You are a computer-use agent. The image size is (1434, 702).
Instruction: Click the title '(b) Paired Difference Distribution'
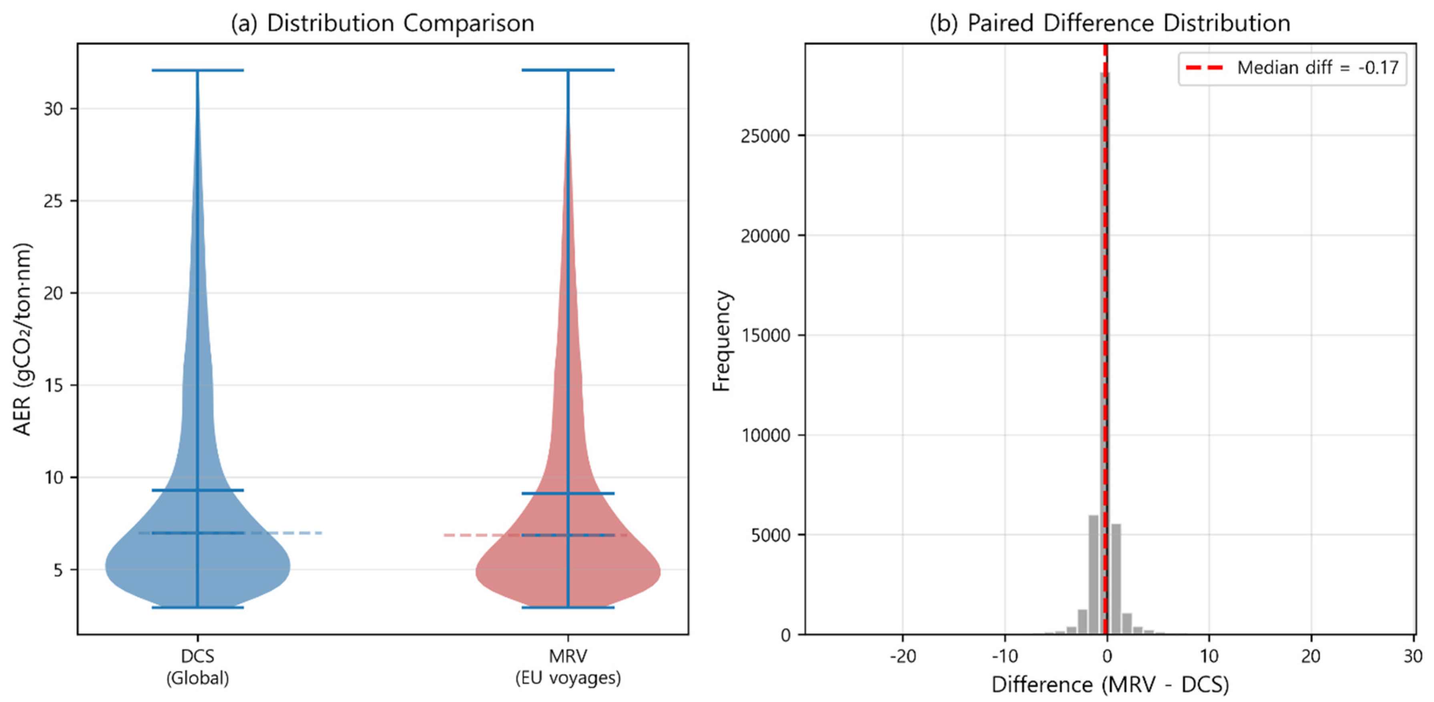pos(1109,23)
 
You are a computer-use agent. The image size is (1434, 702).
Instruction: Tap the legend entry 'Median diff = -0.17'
pos(1317,68)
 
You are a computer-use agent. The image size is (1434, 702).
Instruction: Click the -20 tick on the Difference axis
pos(902,656)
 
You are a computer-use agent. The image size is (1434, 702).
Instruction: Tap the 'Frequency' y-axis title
pos(721,341)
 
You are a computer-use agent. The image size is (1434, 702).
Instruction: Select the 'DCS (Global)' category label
pos(198,667)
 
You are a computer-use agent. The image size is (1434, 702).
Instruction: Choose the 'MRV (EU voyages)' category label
pos(568,667)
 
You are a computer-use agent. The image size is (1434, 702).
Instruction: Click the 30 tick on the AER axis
pos(53,109)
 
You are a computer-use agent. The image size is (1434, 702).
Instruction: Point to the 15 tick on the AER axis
pos(53,385)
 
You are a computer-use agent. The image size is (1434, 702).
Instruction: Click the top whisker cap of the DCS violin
pos(198,71)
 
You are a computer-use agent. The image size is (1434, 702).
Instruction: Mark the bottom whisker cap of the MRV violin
pos(568,607)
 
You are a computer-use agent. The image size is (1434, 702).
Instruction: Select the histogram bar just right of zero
pos(1116,579)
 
